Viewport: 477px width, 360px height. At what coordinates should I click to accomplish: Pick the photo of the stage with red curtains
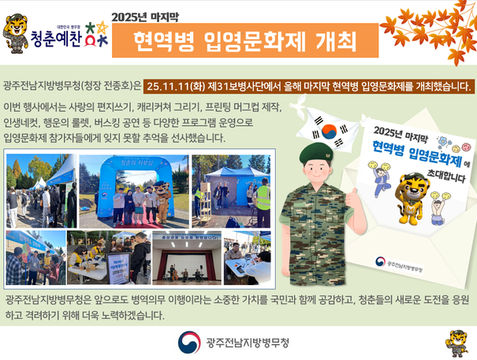point(186,257)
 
